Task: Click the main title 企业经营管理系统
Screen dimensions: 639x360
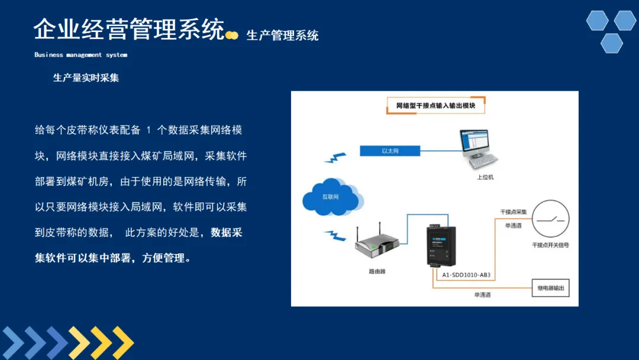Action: tap(129, 30)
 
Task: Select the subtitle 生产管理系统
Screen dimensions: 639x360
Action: tap(282, 36)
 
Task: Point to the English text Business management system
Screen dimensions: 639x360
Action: tap(80, 55)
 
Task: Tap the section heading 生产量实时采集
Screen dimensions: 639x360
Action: tap(86, 78)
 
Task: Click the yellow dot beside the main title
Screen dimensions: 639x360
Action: tap(233, 36)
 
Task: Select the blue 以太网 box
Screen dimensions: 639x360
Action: tap(390, 151)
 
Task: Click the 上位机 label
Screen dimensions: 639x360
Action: tap(485, 176)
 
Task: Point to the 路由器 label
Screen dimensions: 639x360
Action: tap(377, 272)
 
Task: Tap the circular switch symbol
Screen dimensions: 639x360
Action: tap(550, 219)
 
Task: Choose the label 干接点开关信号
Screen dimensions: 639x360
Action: tap(550, 245)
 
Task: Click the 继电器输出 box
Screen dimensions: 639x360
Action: tap(550, 288)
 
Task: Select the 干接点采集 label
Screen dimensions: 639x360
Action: tap(513, 211)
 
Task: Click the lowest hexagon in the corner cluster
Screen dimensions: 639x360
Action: tap(612, 43)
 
